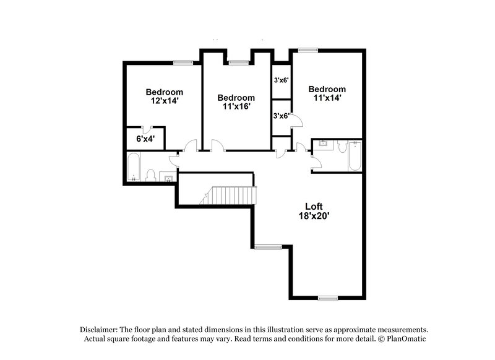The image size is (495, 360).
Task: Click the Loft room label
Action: [x=314, y=206]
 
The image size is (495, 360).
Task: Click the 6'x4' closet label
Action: [x=146, y=139]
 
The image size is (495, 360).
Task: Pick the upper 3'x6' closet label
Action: [x=282, y=80]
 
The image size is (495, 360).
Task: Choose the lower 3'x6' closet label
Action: [x=282, y=116]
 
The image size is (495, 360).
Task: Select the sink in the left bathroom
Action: [x=168, y=178]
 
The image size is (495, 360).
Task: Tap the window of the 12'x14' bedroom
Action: [x=182, y=62]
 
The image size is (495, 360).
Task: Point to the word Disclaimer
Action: [x=99, y=330]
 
